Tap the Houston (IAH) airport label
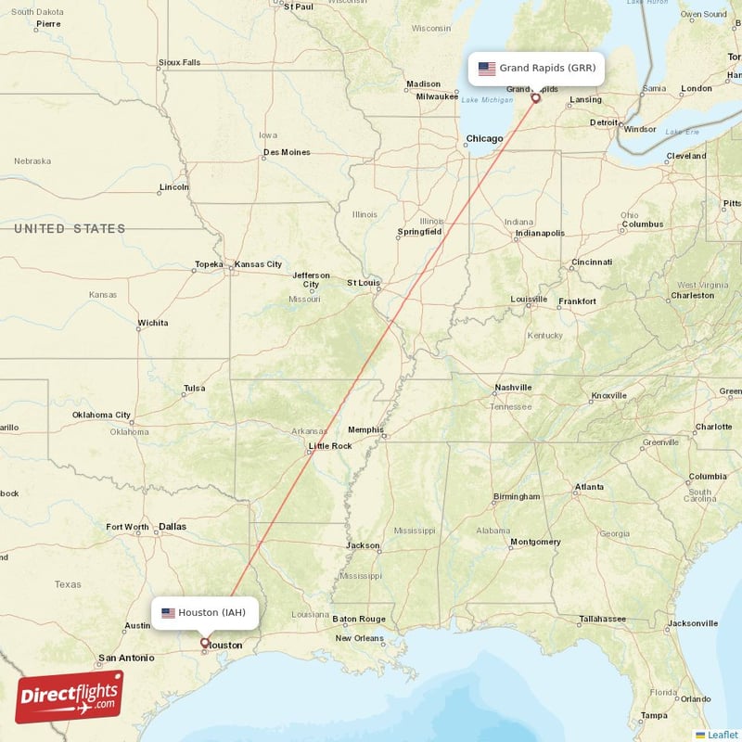205,613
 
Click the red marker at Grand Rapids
535,97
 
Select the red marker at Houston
205,642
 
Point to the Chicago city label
484,139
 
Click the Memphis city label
365,429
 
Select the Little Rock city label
330,446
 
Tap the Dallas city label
172,526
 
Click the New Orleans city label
359,638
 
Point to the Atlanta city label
589,487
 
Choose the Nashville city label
513,388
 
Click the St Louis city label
364,282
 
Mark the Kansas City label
258,264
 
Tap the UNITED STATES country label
70,228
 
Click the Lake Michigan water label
487,100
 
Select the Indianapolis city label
540,233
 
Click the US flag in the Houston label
168,613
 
